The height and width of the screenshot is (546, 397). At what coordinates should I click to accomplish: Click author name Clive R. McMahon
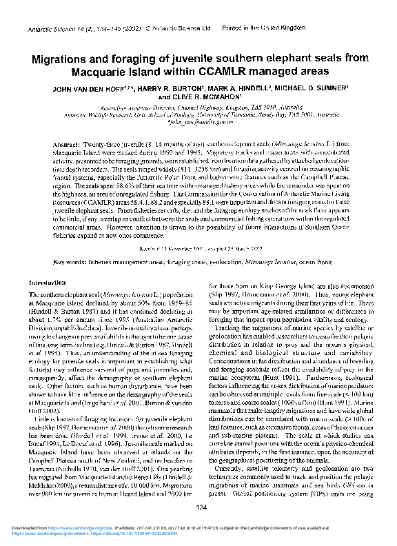198,97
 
